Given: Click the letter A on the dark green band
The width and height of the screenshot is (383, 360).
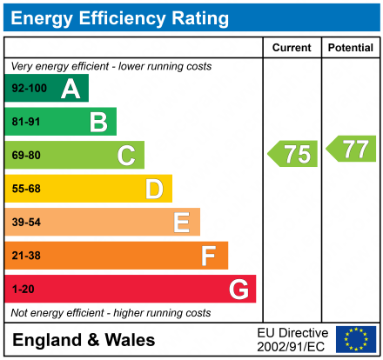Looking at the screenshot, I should (x=71, y=89).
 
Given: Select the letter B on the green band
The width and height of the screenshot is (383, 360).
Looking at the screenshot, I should (x=98, y=123).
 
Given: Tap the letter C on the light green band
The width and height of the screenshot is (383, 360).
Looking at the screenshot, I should (x=126, y=156).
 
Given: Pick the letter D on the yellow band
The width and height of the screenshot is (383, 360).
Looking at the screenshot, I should (x=154, y=189).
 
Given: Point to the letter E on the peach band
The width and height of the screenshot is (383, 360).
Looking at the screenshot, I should (x=181, y=223).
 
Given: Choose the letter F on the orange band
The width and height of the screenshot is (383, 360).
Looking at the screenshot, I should (x=209, y=256).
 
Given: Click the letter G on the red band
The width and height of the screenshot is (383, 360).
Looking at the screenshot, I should (x=238, y=289).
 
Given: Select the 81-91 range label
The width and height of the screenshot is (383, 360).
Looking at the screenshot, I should (x=25, y=123).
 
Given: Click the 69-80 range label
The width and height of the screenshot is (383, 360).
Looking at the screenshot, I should (x=25, y=156).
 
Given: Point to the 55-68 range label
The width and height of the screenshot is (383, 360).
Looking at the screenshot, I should (x=25, y=189).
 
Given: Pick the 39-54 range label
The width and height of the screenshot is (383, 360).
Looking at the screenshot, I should (x=25, y=223).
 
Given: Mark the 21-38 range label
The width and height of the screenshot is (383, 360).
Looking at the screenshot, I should (x=25, y=256).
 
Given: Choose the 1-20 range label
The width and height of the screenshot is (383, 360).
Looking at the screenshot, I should (x=23, y=289).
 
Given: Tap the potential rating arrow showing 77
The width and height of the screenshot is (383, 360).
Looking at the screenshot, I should (x=352, y=149).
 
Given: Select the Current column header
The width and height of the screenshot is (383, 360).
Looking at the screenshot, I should (x=292, y=48).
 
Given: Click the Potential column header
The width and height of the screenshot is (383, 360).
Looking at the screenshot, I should (x=350, y=48).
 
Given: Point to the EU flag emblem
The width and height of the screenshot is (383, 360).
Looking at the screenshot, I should (x=355, y=339).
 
